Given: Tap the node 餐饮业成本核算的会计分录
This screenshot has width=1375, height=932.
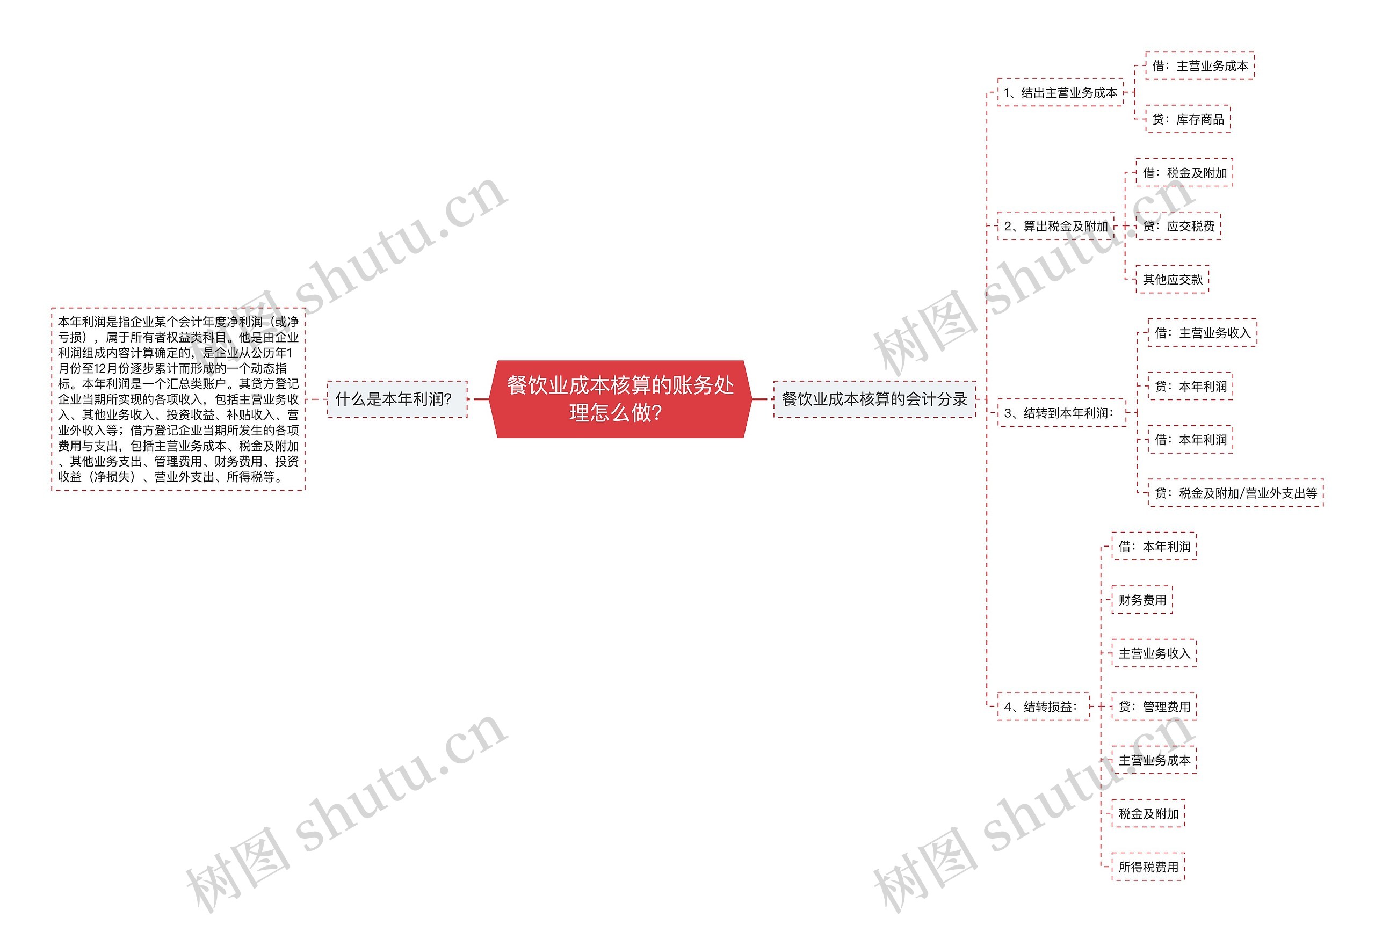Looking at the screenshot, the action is point(874,399).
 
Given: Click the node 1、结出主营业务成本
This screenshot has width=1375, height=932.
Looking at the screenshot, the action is point(1060,93).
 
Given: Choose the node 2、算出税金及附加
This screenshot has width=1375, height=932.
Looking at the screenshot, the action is point(1055,226).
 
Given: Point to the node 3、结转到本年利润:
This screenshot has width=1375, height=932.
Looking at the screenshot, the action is point(1061,413).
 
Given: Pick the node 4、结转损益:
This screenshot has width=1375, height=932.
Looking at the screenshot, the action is point(1043,706).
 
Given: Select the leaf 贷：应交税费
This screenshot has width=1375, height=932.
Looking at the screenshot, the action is point(1178,226).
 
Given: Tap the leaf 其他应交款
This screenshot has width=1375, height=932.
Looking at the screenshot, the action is point(1172,279).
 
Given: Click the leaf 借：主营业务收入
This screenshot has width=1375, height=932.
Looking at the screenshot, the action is point(1202,333).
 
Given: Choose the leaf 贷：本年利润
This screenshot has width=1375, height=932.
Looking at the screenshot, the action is point(1190,386).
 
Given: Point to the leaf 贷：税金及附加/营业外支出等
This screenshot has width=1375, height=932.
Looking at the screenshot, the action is point(1235,493).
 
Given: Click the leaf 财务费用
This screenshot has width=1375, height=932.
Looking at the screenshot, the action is point(1142,600).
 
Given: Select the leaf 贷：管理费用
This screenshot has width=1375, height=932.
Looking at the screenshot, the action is point(1154,706).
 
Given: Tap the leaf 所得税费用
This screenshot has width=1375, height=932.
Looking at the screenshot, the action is point(1148,867).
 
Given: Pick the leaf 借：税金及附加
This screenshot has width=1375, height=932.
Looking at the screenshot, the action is point(1184,173).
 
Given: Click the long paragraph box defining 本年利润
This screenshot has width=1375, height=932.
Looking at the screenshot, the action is point(178,399).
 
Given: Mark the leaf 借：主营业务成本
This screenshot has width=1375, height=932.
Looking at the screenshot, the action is point(1199,65).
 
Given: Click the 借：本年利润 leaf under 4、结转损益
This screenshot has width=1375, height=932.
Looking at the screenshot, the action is point(1154,547).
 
